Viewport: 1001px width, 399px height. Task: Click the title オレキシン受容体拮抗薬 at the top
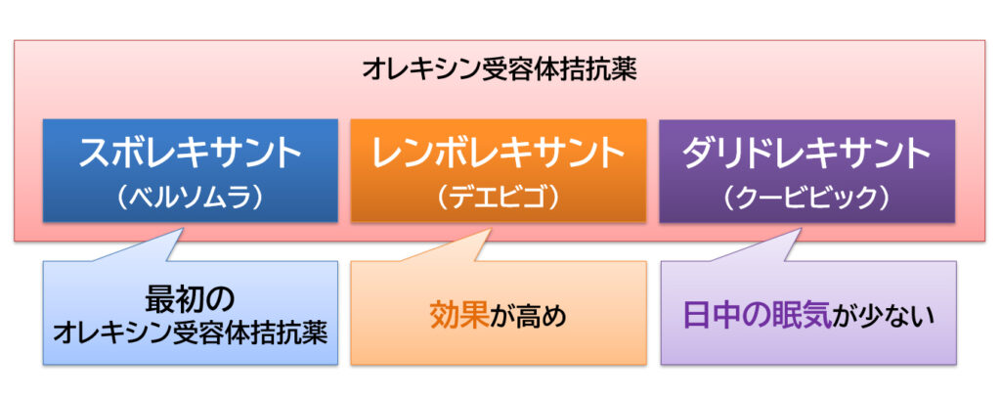coord(500,69)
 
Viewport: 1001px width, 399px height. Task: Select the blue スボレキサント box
coord(190,170)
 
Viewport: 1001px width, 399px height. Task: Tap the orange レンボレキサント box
coord(498,170)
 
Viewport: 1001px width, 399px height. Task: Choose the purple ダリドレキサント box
coord(806,170)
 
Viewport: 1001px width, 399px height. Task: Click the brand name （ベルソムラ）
coord(190,197)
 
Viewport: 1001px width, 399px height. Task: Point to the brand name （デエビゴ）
coord(498,197)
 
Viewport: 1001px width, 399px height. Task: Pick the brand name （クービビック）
coord(806,197)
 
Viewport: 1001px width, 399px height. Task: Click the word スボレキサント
coord(190,154)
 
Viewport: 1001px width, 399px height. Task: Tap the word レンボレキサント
coord(498,154)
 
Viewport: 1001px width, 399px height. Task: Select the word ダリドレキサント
coord(806,154)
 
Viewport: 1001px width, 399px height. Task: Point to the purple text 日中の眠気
coord(757,316)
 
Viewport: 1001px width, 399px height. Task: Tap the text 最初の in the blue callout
coord(190,297)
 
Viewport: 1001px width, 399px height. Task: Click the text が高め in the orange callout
coord(528,316)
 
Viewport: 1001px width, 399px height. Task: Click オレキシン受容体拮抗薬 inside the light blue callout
coord(190,332)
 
